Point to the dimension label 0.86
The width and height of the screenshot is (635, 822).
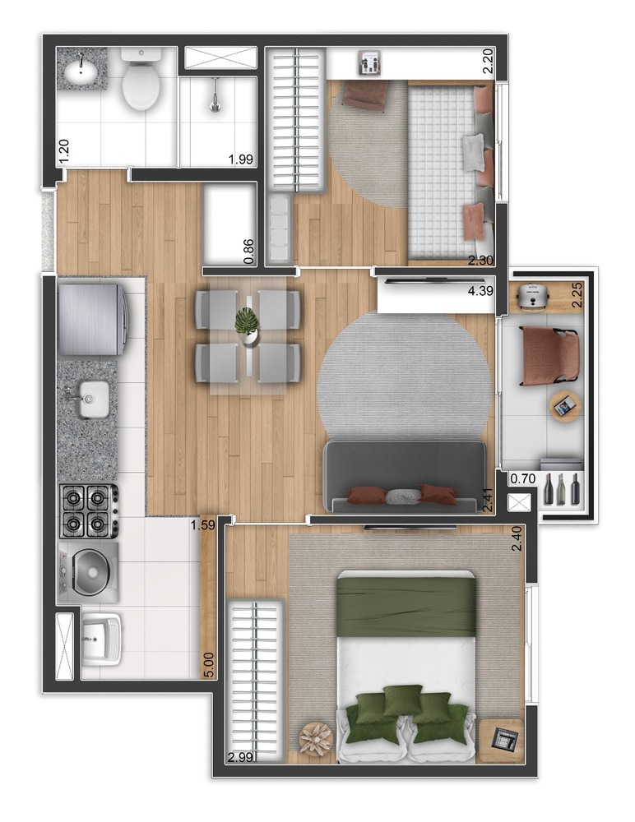[249, 249]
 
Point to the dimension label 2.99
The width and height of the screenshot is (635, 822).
[241, 758]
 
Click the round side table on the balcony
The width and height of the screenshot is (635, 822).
[566, 404]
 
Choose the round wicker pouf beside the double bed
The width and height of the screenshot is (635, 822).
[316, 738]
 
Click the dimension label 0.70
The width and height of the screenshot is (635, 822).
[523, 478]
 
